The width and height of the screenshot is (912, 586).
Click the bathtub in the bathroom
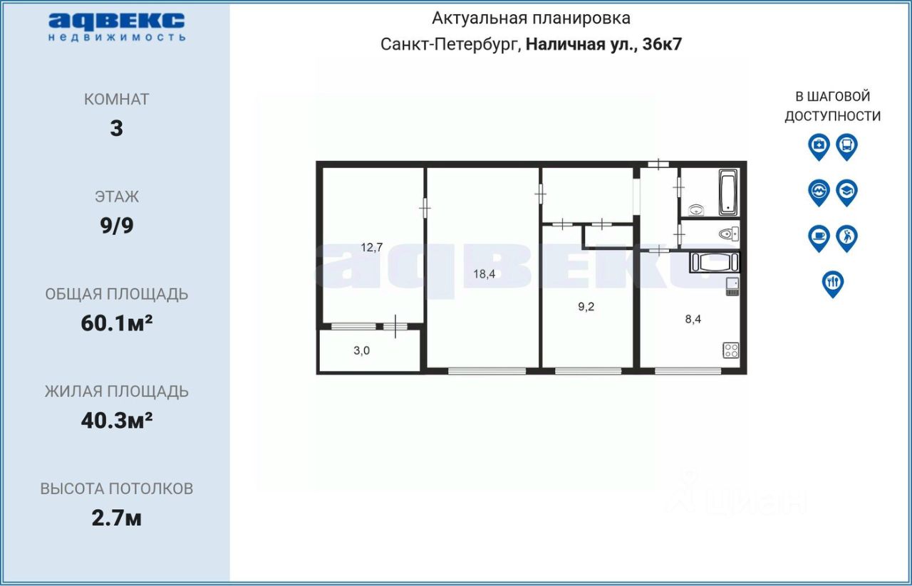pos(727,192)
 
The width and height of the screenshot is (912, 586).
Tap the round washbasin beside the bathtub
pos(697,209)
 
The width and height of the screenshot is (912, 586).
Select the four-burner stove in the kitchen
pos(731,350)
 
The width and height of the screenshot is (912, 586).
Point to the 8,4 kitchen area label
pos(693,319)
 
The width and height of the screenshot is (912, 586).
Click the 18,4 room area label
pos(484,274)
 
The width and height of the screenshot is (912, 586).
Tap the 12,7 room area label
pos(372,248)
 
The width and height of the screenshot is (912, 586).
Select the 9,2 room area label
pos(586,307)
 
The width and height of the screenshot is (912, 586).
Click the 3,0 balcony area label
pos(361,350)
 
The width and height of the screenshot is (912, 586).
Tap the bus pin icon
pos(846,147)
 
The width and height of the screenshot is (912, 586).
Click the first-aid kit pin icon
pos(819,147)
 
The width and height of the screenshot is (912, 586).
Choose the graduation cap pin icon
pos(846,192)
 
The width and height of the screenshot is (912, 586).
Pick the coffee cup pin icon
pos(819,237)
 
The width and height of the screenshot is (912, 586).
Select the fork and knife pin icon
pos(832,283)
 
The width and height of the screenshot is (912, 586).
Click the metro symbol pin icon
pos(819,192)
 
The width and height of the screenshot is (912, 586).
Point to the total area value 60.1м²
pos(117,323)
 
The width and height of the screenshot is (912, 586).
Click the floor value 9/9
pos(117,226)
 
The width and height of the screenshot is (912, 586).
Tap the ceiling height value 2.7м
pos(117,518)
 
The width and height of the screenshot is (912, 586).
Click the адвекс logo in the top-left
pos(117,26)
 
